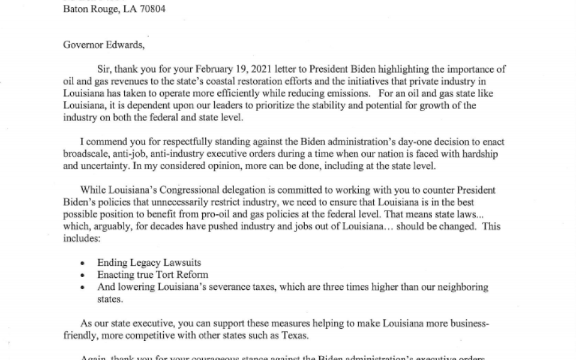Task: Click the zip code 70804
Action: coord(151,9)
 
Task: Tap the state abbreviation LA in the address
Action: coord(120,9)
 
